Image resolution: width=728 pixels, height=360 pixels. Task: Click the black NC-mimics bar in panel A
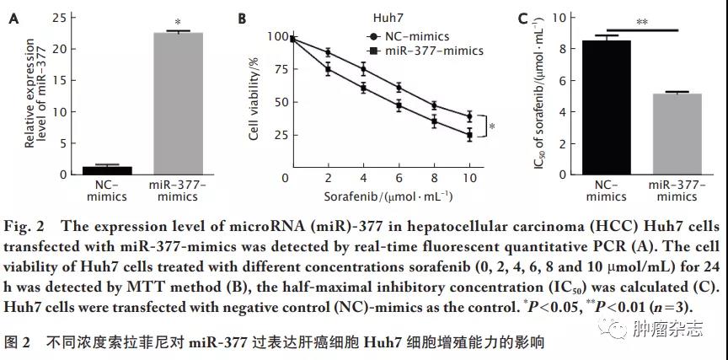tap(100, 170)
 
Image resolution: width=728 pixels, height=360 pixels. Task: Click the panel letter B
tap(244, 18)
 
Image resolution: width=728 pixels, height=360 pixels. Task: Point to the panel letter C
tap(522, 18)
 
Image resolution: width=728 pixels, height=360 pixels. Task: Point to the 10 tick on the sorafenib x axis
tap(469, 178)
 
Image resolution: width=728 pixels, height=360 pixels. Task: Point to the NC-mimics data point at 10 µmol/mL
tap(469, 116)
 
